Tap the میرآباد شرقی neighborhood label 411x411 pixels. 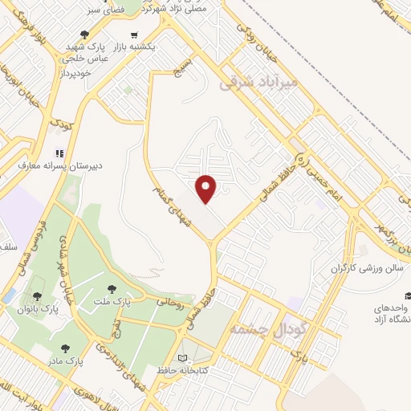click(258, 83)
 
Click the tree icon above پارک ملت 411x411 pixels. click(110, 287)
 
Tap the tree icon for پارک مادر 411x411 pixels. click(65, 348)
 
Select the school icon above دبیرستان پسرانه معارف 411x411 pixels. click(58, 153)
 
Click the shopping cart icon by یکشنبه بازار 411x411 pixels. click(133, 35)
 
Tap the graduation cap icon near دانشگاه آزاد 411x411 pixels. click(407, 295)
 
